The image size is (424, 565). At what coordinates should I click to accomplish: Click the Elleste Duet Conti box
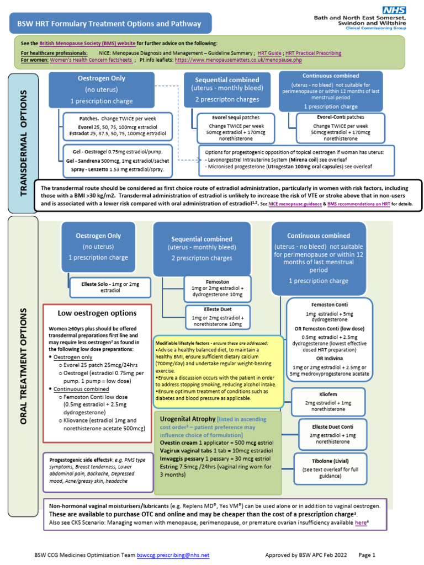332,434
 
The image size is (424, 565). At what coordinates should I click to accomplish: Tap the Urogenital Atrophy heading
188,419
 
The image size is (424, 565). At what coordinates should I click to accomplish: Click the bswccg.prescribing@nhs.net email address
173,555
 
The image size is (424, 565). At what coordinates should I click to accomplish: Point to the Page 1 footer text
367,555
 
